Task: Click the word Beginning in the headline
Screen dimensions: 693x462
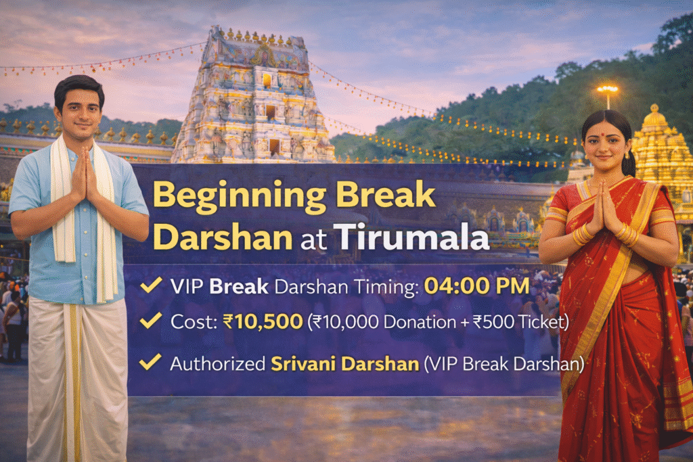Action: (x=239, y=196)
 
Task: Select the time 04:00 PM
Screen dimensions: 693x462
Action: (x=476, y=286)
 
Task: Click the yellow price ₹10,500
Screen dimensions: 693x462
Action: (x=263, y=321)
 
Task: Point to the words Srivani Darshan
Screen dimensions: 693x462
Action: (x=344, y=363)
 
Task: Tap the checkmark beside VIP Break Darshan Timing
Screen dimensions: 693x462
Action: (x=151, y=285)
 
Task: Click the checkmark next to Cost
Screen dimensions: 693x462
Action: (x=151, y=320)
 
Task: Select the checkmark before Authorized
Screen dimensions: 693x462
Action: (x=150, y=362)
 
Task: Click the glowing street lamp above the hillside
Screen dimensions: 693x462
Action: (x=607, y=90)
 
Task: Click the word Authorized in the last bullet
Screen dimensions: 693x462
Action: (x=217, y=363)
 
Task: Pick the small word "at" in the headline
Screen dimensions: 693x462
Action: (x=313, y=239)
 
